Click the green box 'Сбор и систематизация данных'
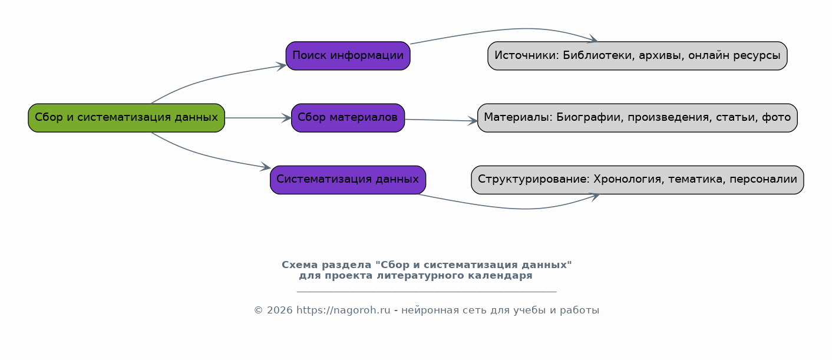tap(126, 118)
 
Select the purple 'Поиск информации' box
tap(348, 56)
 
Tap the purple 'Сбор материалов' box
tap(348, 118)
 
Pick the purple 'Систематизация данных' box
tap(348, 180)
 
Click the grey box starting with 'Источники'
tap(638, 56)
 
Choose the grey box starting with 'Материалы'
tap(638, 118)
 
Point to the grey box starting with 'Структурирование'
tap(638, 180)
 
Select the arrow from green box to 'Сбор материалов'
tap(258, 118)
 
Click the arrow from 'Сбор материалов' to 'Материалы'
tap(441, 120)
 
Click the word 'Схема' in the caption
tap(300, 265)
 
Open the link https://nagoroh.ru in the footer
tap(343, 311)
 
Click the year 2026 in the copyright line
tap(280, 311)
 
